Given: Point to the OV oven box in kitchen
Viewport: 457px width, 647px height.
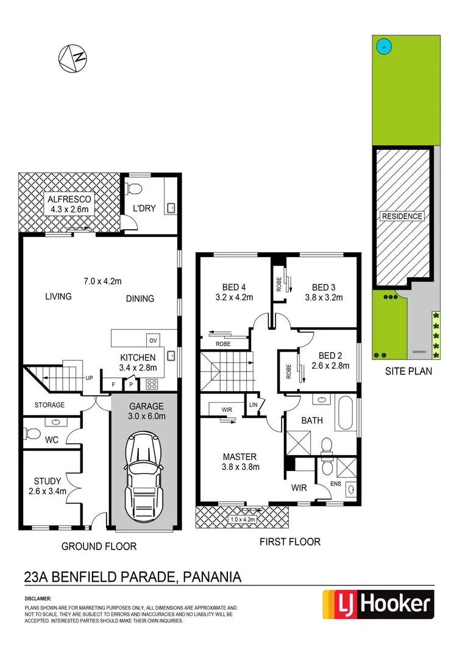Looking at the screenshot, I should point(152,340).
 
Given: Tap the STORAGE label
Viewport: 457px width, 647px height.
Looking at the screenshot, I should point(49,405).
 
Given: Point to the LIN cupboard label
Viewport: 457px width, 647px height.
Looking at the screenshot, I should point(252,405).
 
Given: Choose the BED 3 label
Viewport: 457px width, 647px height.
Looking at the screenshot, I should point(324,288).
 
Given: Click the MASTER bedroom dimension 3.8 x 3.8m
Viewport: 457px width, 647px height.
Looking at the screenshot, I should point(240,467).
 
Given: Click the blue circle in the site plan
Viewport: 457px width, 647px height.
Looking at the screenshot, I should point(383,46).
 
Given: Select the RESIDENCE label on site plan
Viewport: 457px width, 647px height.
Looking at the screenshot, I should point(402,216).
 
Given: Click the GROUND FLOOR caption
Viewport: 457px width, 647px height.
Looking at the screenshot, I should point(99,546).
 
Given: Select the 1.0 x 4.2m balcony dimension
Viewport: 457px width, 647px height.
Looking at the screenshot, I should point(243,520).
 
